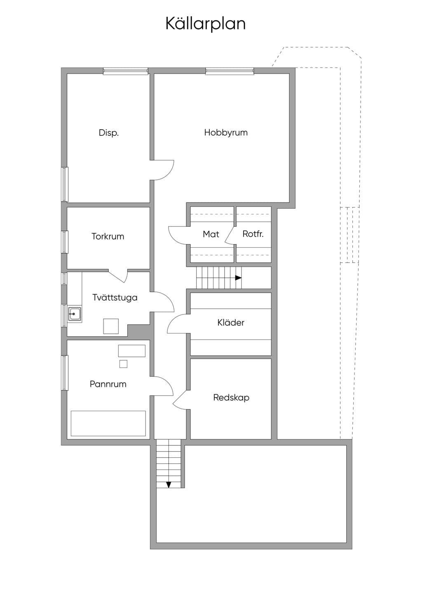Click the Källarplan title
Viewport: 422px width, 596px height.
coord(205,24)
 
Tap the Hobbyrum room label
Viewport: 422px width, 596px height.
coord(226,133)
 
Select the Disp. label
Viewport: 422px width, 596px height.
coord(109,133)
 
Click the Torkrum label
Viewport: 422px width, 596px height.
coord(108,236)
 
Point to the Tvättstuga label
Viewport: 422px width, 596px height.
coord(115,298)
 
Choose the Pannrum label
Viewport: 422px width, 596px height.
coord(108,384)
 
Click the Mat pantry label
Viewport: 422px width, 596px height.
coord(211,234)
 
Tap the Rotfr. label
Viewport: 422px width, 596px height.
coord(253,234)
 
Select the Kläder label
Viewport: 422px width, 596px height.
coord(231,323)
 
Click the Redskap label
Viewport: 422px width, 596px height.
coord(231,398)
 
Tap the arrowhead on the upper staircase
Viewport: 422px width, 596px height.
coord(238,278)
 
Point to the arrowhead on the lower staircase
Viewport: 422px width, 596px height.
coord(169,484)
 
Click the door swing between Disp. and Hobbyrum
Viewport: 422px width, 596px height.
coord(169,174)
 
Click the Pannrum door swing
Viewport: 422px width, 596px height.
coord(167,382)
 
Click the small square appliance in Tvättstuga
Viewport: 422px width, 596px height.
coord(111,326)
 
